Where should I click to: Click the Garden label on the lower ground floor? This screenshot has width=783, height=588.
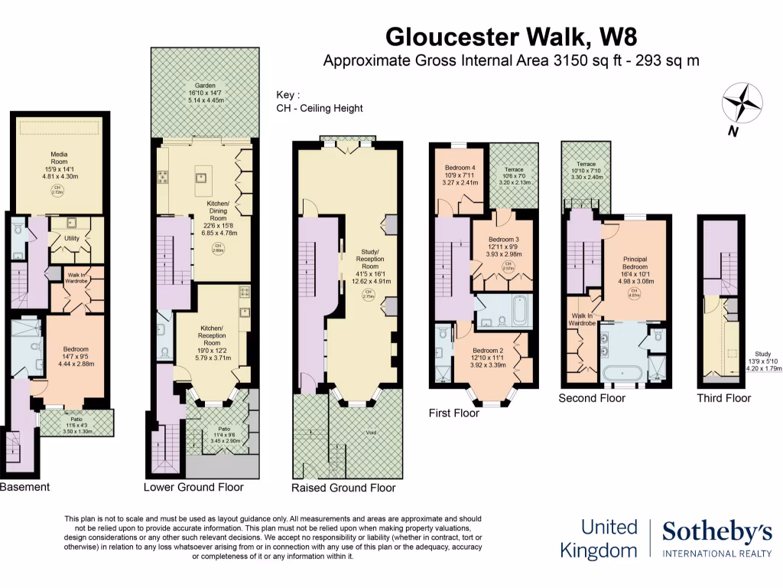(204, 85)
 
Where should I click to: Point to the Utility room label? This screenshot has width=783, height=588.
(72, 238)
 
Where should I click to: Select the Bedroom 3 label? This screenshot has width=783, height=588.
(503, 240)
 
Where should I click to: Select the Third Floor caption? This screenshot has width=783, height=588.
(723, 398)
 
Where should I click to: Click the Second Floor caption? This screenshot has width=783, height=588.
(591, 398)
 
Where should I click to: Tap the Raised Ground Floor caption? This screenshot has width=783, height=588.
(343, 488)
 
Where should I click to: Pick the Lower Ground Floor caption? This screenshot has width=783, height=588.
(193, 487)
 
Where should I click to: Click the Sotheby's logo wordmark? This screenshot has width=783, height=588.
(716, 532)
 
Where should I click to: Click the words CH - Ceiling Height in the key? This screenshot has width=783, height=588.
(320, 109)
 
